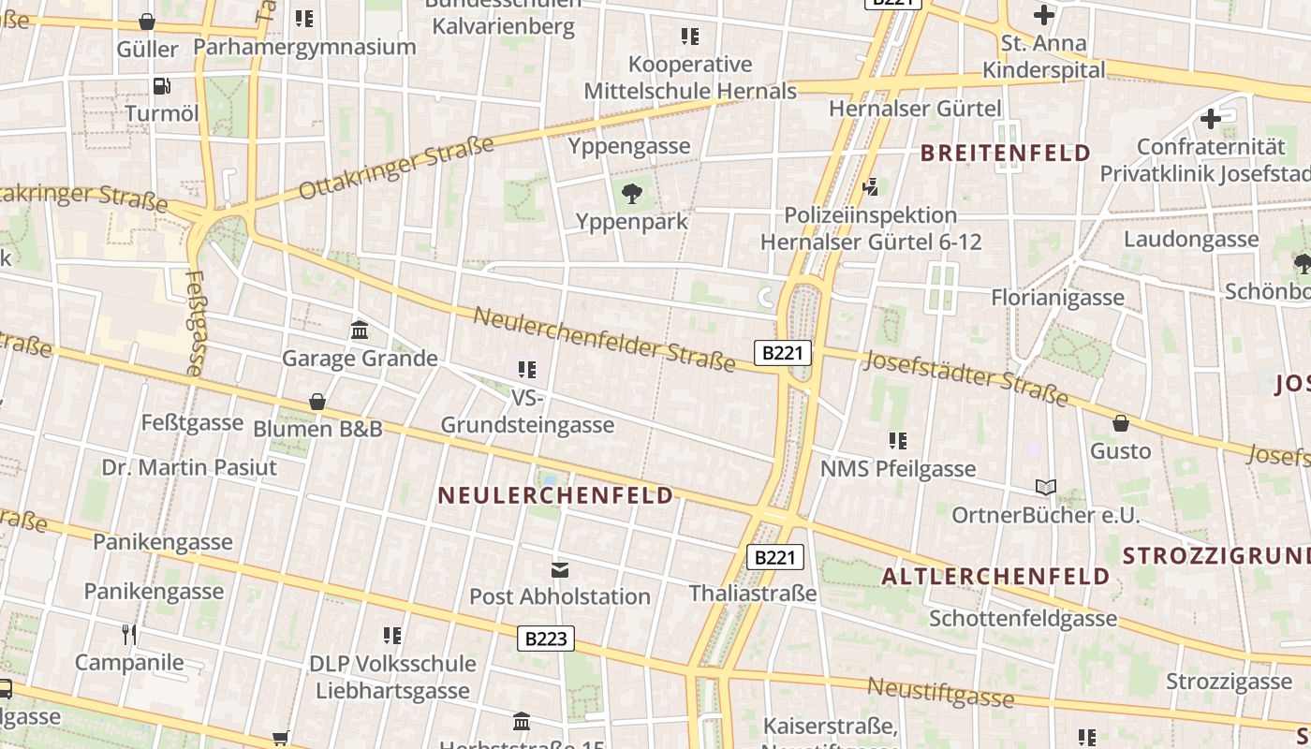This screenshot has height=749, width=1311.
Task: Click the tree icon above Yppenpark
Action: [632, 194]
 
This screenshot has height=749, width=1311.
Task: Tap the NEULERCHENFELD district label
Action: [555, 495]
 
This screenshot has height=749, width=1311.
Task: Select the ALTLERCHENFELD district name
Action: [996, 576]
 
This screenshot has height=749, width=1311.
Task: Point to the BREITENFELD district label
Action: [1006, 153]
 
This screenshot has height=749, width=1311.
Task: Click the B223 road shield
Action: [546, 639]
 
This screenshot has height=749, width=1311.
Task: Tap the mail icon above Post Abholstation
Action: [560, 569]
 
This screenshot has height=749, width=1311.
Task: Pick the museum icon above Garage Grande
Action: [359, 330]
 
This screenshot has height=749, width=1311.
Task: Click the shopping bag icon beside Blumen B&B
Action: [317, 402]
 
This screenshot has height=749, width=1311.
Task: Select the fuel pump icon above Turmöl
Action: [162, 86]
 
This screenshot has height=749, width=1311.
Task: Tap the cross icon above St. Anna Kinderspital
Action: [1043, 15]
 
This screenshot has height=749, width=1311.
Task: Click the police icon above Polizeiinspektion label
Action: [871, 187]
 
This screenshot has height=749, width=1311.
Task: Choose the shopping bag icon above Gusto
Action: [1120, 423]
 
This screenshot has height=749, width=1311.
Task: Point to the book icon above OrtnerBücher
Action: [1045, 488]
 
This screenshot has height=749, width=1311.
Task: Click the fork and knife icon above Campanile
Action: [129, 635]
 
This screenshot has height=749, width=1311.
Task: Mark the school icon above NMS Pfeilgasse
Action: [898, 440]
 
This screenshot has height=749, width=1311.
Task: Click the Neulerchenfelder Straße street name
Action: [604, 339]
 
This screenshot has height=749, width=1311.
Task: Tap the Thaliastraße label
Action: [753, 594]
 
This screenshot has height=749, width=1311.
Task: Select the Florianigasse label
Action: [1057, 298]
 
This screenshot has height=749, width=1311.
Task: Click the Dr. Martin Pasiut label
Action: [189, 467]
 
